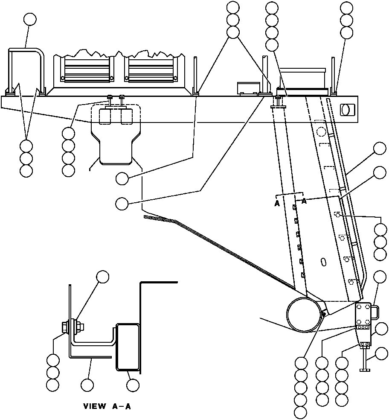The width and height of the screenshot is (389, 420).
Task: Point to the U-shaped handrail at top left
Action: pos(26,71)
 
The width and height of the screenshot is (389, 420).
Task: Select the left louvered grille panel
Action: pos(87,70)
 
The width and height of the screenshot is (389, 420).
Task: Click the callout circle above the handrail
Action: pos(30,20)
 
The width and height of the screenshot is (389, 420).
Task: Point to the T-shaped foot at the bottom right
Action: pos(364,359)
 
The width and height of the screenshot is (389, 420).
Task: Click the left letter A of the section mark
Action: pos(277,204)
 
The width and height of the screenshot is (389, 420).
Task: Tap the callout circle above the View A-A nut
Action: pos(103,277)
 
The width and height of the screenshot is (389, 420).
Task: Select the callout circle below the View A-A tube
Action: pos(133,385)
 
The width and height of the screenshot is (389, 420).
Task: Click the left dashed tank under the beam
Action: pos(105,117)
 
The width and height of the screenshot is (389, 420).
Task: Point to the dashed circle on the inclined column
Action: pos(321,132)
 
